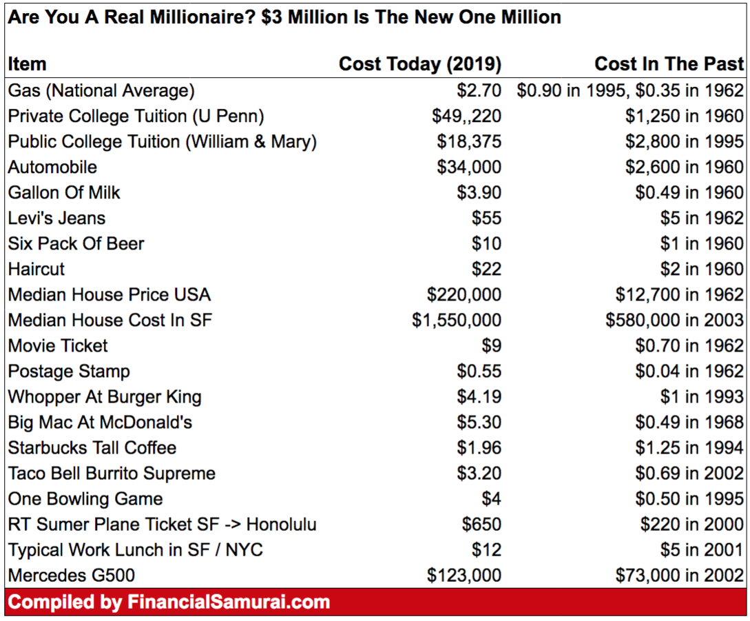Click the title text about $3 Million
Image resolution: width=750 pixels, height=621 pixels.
284,17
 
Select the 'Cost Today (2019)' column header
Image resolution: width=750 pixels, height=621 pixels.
419,64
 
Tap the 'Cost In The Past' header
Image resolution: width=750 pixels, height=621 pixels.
669,64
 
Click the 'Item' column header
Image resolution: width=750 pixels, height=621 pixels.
28,64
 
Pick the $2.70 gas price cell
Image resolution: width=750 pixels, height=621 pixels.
479,90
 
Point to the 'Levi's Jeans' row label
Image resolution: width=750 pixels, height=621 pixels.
57,218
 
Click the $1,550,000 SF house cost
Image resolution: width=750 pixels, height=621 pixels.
457,320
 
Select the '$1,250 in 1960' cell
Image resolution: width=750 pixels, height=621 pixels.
684,116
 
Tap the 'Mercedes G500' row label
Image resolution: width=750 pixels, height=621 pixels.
72,576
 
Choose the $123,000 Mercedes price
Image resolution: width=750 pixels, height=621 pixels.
464,576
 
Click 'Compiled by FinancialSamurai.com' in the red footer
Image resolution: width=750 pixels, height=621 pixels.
169,602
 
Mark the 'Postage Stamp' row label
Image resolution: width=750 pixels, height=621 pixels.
69,371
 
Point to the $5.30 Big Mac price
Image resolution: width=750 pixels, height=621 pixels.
479,423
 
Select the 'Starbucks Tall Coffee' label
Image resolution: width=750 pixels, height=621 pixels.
92,448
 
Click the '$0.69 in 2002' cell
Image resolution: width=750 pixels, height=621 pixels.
689,474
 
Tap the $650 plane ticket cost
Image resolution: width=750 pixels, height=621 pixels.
481,525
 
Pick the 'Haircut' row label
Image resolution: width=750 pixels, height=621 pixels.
37,269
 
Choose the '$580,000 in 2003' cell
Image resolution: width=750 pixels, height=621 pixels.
674,320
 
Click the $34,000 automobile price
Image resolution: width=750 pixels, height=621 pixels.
469,167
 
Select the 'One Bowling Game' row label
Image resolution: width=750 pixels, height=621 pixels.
85,499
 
